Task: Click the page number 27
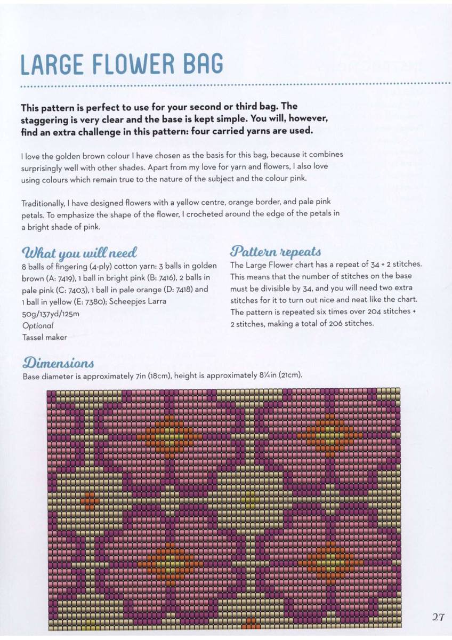(x=438, y=617)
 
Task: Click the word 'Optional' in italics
(x=37, y=325)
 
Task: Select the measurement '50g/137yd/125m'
(x=50, y=314)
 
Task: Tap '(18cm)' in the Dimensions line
(x=167, y=375)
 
